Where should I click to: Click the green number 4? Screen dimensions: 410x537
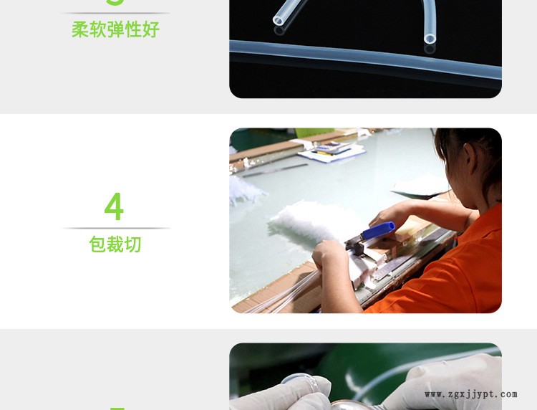click(114, 207)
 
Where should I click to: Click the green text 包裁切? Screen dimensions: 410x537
click(115, 244)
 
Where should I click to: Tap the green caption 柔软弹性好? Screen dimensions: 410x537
click(115, 30)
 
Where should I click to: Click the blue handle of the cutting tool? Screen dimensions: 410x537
click(377, 231)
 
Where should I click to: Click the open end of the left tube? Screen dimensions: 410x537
click(279, 22)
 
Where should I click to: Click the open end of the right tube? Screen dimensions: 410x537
click(429, 39)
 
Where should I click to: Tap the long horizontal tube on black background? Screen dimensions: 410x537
click(365, 56)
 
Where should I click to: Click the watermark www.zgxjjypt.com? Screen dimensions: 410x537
click(470, 394)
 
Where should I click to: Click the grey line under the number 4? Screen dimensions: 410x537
click(115, 228)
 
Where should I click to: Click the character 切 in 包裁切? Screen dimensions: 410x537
click(133, 244)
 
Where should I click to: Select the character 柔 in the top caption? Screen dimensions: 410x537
click(79, 30)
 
